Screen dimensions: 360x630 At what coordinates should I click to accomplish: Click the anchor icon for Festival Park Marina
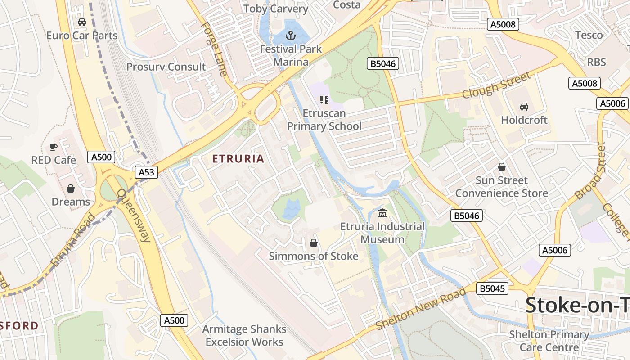coord(291,35)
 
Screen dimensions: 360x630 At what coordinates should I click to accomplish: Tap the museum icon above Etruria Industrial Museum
coord(382,213)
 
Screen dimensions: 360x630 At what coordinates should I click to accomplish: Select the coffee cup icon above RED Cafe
coord(54,147)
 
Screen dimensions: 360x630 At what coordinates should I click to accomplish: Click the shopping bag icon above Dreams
coord(71,189)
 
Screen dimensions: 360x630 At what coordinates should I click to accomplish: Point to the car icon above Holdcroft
coord(524,107)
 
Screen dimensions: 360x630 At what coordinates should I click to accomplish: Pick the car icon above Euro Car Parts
coord(82,22)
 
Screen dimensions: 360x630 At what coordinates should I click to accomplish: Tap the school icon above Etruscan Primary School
coord(324,99)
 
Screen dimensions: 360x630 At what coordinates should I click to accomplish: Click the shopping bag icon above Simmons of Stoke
coord(314,243)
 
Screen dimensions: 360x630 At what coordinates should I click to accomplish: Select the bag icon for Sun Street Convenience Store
coord(502,167)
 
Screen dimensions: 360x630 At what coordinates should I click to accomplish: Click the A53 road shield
coord(146,172)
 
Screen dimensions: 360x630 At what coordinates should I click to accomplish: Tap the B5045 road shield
coord(492,288)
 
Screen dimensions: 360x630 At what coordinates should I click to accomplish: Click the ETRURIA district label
coord(238,159)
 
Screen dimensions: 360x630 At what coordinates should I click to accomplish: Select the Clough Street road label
coord(496,85)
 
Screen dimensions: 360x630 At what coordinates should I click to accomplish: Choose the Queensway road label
coord(134,216)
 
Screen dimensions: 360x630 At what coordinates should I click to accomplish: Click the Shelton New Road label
coord(421,309)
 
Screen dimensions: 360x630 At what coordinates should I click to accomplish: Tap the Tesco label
coord(589,35)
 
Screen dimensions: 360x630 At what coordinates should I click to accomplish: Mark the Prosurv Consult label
coord(166,67)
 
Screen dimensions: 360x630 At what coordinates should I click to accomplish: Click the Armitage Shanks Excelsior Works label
coord(244,335)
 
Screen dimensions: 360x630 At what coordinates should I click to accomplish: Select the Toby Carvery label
coord(276,9)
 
